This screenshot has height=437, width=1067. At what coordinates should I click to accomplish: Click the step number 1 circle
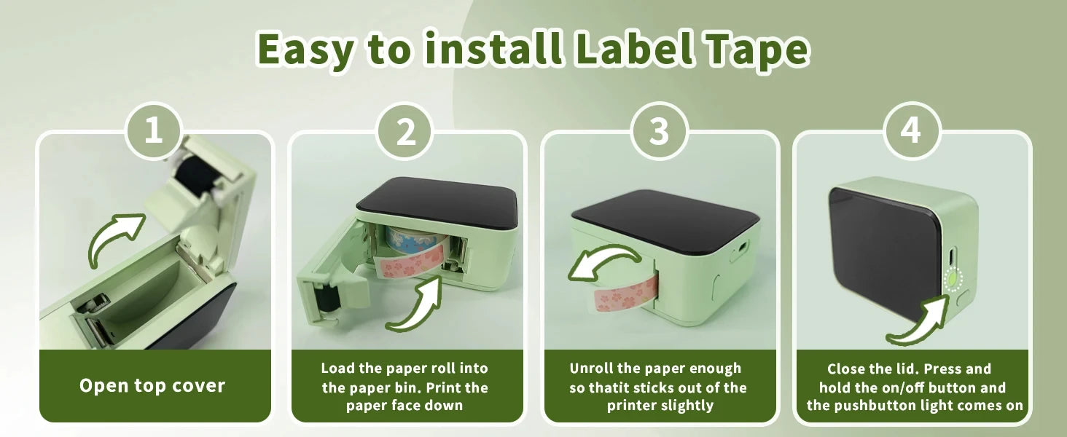point(153,131)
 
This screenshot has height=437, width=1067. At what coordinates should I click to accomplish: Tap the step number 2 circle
point(405,131)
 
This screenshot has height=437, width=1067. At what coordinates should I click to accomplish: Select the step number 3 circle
point(658,131)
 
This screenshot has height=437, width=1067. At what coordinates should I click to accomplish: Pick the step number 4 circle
point(911,131)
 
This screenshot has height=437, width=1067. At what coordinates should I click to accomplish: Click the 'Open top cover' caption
point(152,385)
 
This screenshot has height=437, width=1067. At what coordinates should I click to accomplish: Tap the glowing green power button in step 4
point(953,278)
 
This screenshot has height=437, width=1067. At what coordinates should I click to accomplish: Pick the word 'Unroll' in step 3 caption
point(591,369)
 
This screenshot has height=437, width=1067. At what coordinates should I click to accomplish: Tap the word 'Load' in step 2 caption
point(337,369)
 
